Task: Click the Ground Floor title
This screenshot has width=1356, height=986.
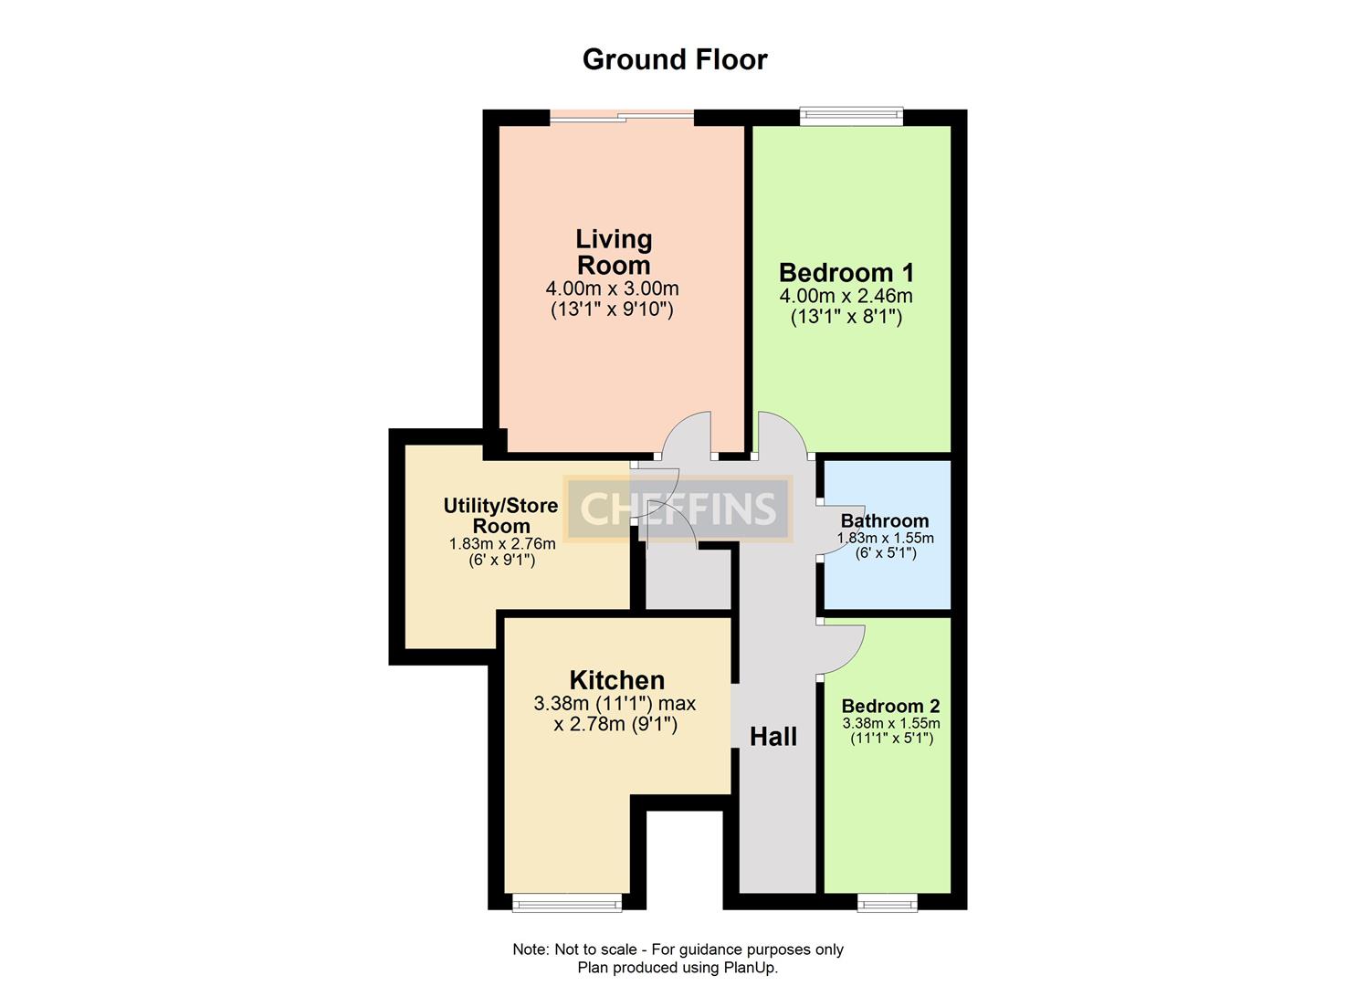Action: pyautogui.click(x=675, y=59)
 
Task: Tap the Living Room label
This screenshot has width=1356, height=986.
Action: pyautogui.click(x=614, y=252)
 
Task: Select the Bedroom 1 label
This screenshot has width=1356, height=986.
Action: pyautogui.click(x=846, y=272)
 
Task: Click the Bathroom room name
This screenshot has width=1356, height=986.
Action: pyautogui.click(x=885, y=521)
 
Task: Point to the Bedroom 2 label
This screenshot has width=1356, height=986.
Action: pyautogui.click(x=890, y=706)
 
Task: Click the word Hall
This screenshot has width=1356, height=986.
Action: pyautogui.click(x=773, y=737)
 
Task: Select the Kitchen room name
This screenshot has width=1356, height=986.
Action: pyautogui.click(x=616, y=680)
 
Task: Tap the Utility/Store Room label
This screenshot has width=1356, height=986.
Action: pyautogui.click(x=500, y=516)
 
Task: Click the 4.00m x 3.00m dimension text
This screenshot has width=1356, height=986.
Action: pyautogui.click(x=612, y=289)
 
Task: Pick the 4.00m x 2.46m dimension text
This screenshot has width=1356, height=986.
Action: pyautogui.click(x=846, y=296)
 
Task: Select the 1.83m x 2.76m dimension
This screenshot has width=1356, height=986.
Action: pyautogui.click(x=501, y=544)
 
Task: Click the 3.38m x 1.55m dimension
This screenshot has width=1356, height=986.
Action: pyautogui.click(x=891, y=723)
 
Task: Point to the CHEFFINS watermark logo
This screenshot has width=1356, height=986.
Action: pyautogui.click(x=678, y=509)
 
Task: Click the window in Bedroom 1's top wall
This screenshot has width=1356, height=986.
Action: pyautogui.click(x=851, y=116)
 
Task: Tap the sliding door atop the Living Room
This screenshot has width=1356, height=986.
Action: pyautogui.click(x=622, y=115)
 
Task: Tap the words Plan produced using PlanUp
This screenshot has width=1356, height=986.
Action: pyautogui.click(x=678, y=968)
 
